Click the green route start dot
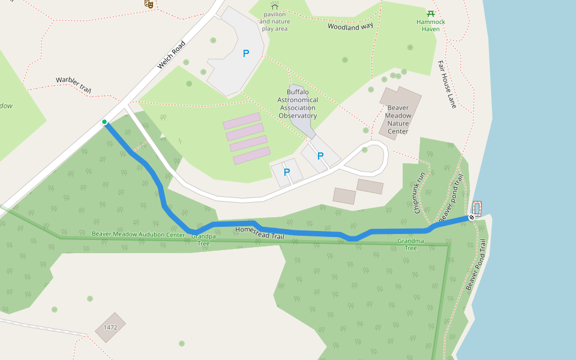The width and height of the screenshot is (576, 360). click(104, 122)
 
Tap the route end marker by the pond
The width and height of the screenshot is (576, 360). click(472, 217)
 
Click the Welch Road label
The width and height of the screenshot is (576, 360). click(169, 55)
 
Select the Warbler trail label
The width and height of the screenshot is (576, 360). click(73, 84)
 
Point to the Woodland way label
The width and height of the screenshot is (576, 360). click(350, 26)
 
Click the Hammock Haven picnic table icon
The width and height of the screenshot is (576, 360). click(430, 13)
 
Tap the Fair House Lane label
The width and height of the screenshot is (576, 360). click(447, 84)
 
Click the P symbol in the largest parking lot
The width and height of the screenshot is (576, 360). click(245, 53)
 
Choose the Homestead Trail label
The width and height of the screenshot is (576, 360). click(259, 233)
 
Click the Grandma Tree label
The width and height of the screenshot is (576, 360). click(410, 244)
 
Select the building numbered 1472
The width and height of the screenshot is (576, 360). click(110, 328)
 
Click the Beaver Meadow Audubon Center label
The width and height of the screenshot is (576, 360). click(138, 235)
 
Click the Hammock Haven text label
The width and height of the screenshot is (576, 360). click(431, 25)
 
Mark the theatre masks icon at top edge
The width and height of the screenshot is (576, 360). click(149, 4)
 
